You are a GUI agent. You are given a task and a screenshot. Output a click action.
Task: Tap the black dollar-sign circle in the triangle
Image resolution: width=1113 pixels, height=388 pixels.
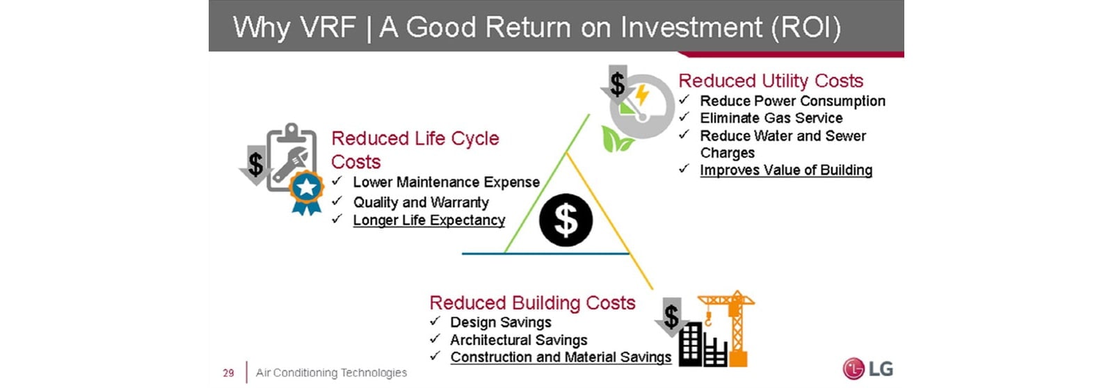click(x=566, y=220)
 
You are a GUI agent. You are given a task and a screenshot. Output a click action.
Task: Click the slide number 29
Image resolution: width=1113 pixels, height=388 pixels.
click(x=229, y=373)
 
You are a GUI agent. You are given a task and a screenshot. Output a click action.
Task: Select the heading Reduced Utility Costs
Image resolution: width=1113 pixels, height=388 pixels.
click(x=771, y=81)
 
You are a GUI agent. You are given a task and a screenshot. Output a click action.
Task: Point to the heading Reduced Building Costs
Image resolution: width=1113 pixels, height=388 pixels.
click(x=532, y=302)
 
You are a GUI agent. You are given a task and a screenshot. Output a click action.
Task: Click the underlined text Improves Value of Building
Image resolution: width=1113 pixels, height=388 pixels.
click(x=786, y=170)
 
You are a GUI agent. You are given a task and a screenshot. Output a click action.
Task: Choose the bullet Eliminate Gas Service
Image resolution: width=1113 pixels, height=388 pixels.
click(x=771, y=118)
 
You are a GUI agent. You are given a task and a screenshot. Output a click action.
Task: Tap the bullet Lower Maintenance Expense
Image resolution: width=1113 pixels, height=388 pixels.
click(x=446, y=182)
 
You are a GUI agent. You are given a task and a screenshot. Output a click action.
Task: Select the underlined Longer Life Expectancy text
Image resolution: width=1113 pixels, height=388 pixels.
click(x=429, y=220)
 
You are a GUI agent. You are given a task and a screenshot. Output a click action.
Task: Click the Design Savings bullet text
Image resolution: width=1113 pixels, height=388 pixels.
click(x=501, y=323)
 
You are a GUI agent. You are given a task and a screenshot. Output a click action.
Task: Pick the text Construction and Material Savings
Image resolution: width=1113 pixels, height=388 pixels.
click(x=561, y=357)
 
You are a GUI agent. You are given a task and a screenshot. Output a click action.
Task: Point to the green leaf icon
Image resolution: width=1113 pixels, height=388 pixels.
click(x=616, y=139)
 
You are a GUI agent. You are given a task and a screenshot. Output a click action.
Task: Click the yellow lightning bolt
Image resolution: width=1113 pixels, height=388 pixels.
click(x=642, y=95)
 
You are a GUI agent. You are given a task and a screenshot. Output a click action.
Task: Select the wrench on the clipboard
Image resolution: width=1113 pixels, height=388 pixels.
click(x=291, y=164)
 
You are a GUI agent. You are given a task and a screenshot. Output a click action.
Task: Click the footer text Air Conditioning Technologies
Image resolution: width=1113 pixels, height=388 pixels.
click(x=331, y=373)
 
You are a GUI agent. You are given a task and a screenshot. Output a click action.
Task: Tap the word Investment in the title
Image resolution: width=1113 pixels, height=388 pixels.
click(x=691, y=27)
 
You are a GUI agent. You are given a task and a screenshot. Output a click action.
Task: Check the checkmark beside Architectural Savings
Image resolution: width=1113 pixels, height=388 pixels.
click(x=435, y=339)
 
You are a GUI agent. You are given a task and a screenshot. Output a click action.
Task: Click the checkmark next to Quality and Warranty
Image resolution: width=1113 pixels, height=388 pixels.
click(x=337, y=201)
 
